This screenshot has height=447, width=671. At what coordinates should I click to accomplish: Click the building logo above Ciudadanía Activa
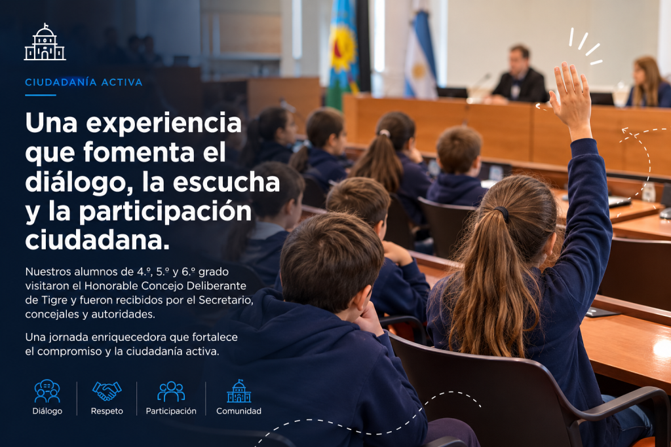point(45,42)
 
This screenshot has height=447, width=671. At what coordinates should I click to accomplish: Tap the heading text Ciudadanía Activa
point(84,82)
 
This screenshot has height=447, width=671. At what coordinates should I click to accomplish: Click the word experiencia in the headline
point(164,124)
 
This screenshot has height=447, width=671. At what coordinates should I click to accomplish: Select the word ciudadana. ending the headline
point(98,240)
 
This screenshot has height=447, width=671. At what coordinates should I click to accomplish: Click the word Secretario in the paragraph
point(225,300)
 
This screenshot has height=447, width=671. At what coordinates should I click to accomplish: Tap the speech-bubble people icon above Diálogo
point(47,391)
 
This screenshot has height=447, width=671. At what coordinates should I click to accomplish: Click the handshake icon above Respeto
point(107,391)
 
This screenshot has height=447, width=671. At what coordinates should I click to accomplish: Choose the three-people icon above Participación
point(171,391)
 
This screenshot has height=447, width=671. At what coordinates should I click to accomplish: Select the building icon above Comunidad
point(239,391)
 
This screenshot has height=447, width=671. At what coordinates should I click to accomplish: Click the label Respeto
point(107,411)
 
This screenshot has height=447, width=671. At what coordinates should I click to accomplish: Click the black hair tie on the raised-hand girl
point(503,213)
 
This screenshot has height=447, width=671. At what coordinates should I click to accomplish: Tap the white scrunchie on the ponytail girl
point(384,134)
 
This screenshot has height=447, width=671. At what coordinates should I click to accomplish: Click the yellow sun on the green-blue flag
point(342,49)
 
